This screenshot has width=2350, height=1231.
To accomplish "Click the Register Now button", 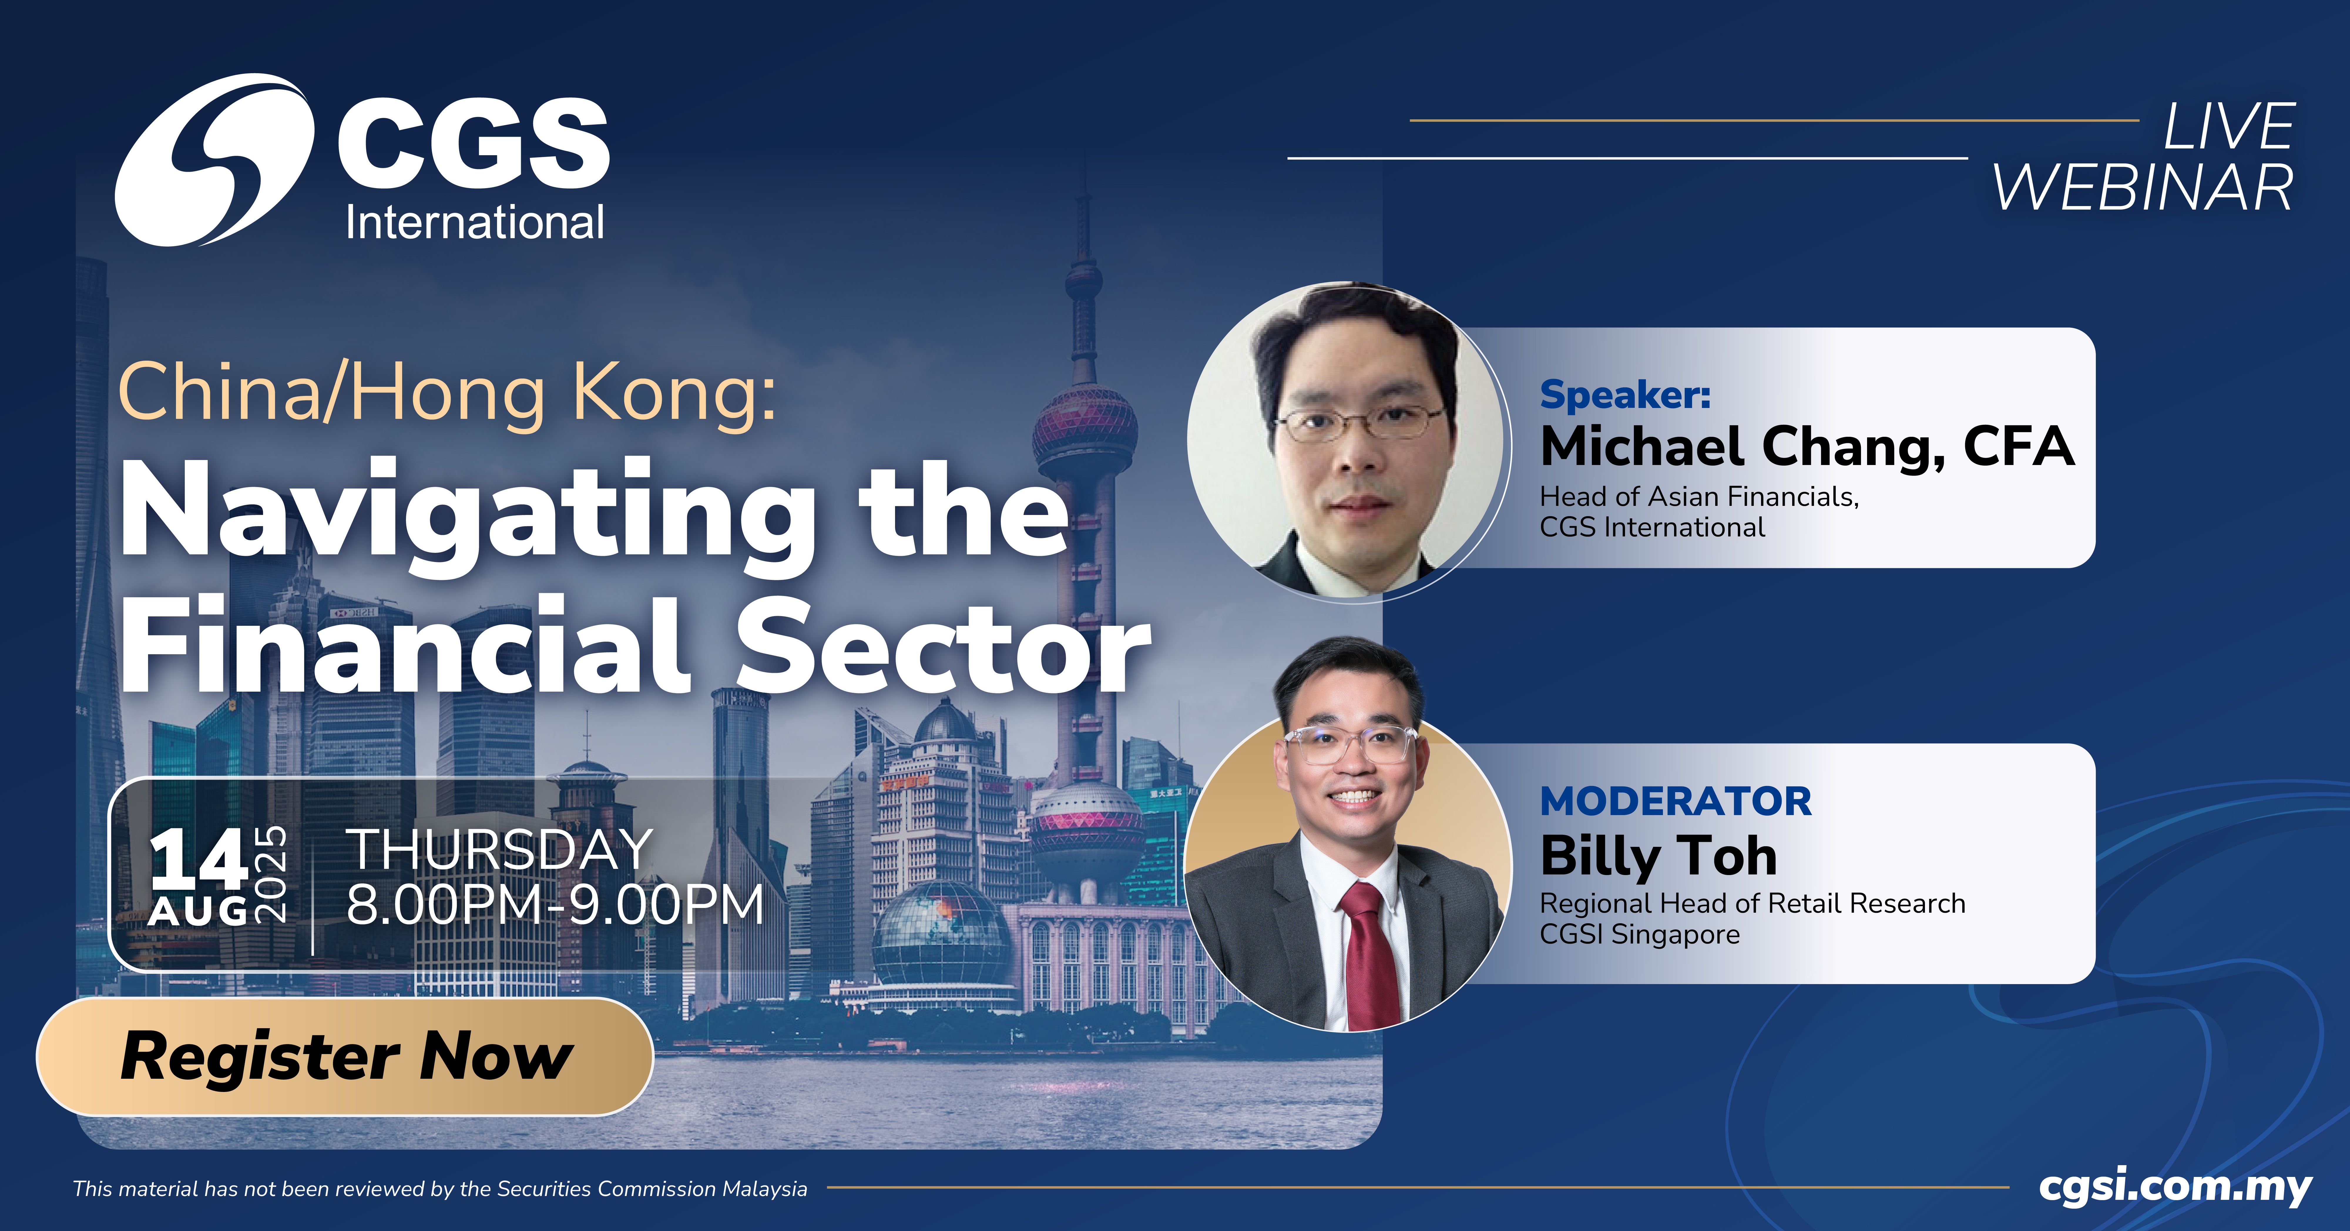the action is [x=345, y=1057].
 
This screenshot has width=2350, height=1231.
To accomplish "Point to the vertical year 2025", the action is [x=271, y=876].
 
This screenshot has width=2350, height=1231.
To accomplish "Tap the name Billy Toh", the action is [x=1659, y=856].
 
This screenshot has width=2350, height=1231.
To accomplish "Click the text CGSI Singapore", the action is [x=1639, y=934].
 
